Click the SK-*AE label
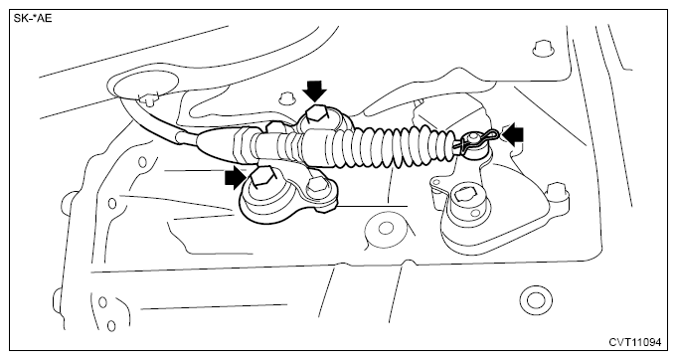tap(33, 19)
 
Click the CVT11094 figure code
tap(634, 342)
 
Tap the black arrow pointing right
tap(238, 178)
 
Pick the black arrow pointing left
tap(512, 135)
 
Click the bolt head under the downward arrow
tap(315, 116)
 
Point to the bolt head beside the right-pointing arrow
tap(263, 178)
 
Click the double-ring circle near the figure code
tap(536, 299)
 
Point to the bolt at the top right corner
tap(542, 47)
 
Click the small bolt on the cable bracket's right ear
tap(316, 185)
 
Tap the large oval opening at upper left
tap(144, 85)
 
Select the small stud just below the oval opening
tap(148, 99)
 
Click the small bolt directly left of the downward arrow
tap(284, 98)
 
